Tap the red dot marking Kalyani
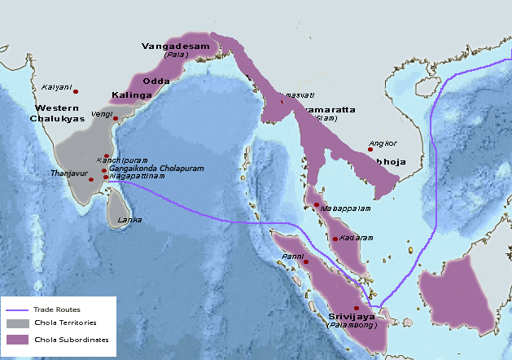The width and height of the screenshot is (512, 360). [x=76, y=91]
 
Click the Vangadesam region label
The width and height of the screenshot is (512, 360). [x=181, y=47]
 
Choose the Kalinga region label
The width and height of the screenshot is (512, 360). [x=131, y=95]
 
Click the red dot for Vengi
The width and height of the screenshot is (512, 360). [x=116, y=119]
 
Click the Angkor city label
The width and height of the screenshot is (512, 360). [x=382, y=143]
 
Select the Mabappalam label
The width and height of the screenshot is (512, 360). [x=346, y=209]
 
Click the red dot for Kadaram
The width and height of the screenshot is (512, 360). [x=335, y=239]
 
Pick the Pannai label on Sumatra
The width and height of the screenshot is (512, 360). [x=292, y=257]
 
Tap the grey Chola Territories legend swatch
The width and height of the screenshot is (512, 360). [x=17, y=324]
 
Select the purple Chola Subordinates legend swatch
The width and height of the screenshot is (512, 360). [x=17, y=339]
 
